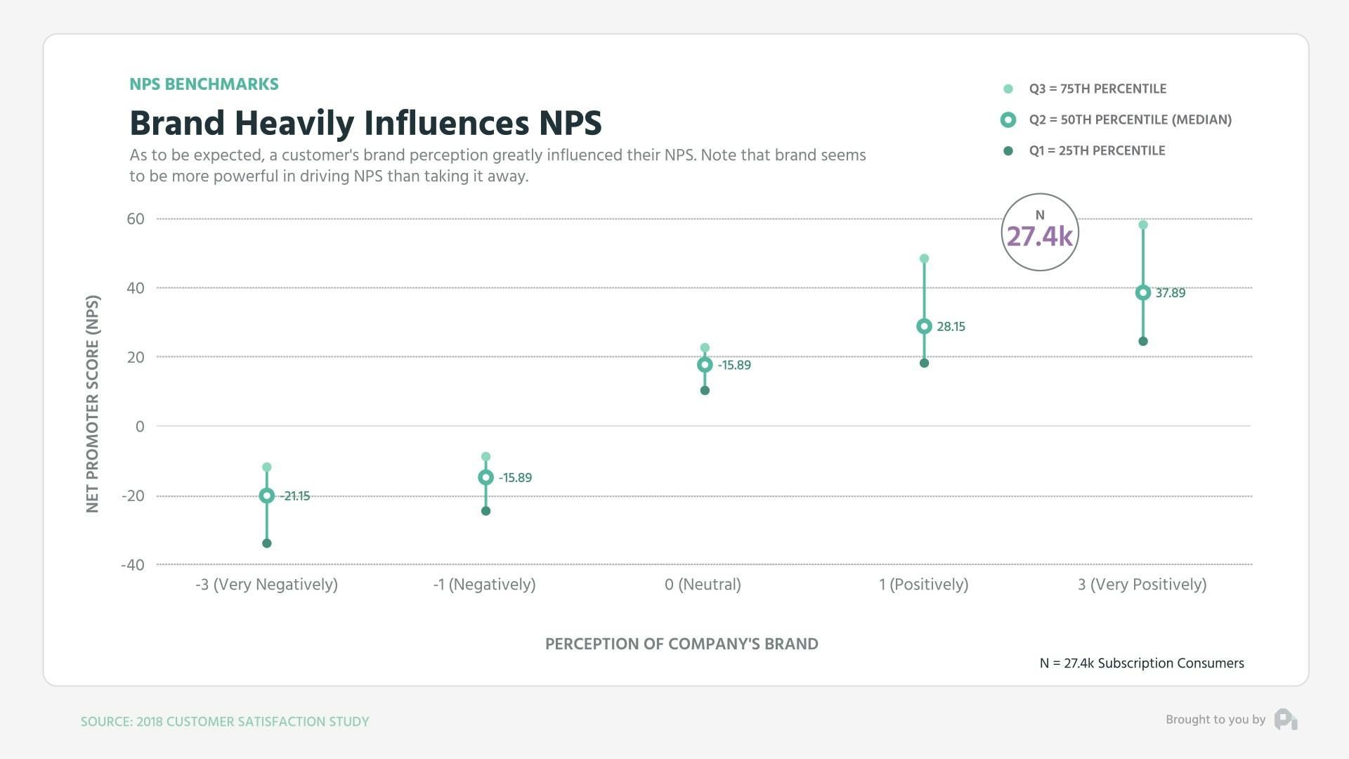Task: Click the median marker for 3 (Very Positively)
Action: pyautogui.click(x=1142, y=293)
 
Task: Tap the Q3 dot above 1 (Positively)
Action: pyautogui.click(x=924, y=259)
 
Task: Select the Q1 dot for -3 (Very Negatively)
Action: pyautogui.click(x=266, y=543)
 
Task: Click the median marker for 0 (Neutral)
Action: pyautogui.click(x=705, y=365)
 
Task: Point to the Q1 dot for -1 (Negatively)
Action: pyautogui.click(x=485, y=511)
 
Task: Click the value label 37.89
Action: pyautogui.click(x=1170, y=293)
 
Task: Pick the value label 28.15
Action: pyautogui.click(x=951, y=327)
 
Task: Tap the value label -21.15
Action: pyautogui.click(x=295, y=496)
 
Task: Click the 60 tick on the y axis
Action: pyautogui.click(x=136, y=219)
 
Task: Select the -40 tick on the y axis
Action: pyautogui.click(x=133, y=565)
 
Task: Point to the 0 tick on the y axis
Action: pyautogui.click(x=140, y=427)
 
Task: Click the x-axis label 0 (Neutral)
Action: pyautogui.click(x=703, y=585)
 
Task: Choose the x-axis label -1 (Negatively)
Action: pyautogui.click(x=484, y=585)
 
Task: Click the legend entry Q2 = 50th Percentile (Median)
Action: pyautogui.click(x=1130, y=119)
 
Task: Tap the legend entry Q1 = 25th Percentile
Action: pyautogui.click(x=1096, y=150)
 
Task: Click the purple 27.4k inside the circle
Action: pyautogui.click(x=1039, y=237)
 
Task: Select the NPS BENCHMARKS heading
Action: pyautogui.click(x=204, y=84)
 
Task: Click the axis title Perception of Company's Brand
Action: pyautogui.click(x=682, y=644)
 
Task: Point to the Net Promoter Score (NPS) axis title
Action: pyautogui.click(x=93, y=403)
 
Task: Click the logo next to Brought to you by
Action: pyautogui.click(x=1286, y=720)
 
